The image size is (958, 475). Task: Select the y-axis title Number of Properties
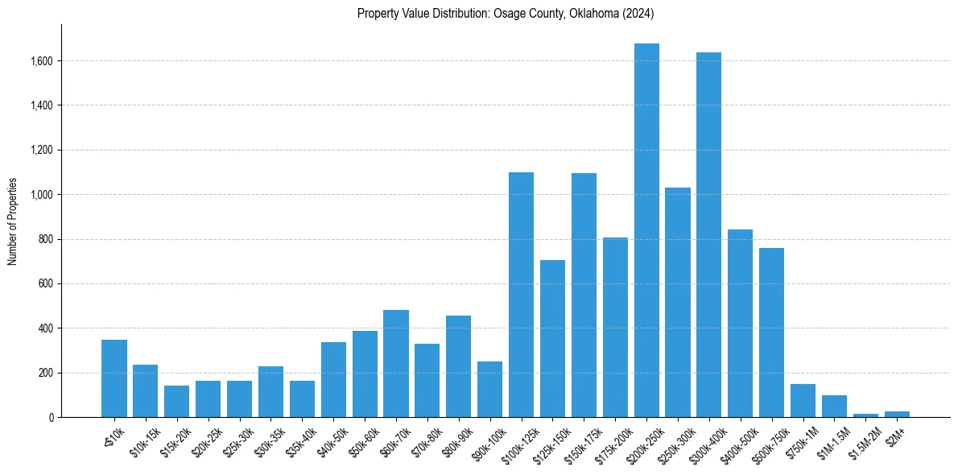[13, 221]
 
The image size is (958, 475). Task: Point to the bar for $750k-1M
[803, 401]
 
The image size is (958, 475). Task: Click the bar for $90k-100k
[489, 390]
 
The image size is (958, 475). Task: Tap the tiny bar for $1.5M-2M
[865, 415]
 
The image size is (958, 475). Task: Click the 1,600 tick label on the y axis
[42, 61]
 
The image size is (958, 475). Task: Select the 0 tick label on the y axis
[51, 418]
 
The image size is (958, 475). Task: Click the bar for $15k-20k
[177, 402]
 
